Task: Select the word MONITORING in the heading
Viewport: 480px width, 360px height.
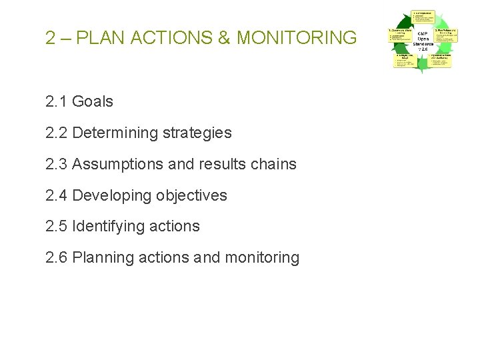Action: pos(297,38)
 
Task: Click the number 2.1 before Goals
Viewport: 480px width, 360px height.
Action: pos(57,102)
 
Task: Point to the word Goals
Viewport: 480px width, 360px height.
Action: pos(93,102)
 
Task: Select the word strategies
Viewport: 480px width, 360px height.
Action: pos(197,133)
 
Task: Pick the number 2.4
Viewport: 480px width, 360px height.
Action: pos(57,195)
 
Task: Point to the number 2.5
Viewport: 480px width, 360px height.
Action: pos(57,227)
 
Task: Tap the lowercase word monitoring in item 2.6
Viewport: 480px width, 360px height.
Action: pos(263,257)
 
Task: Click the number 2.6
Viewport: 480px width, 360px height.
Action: pos(57,257)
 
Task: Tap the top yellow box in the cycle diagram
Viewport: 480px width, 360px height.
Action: pos(423,17)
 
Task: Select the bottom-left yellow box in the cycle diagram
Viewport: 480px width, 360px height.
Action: pos(403,61)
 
